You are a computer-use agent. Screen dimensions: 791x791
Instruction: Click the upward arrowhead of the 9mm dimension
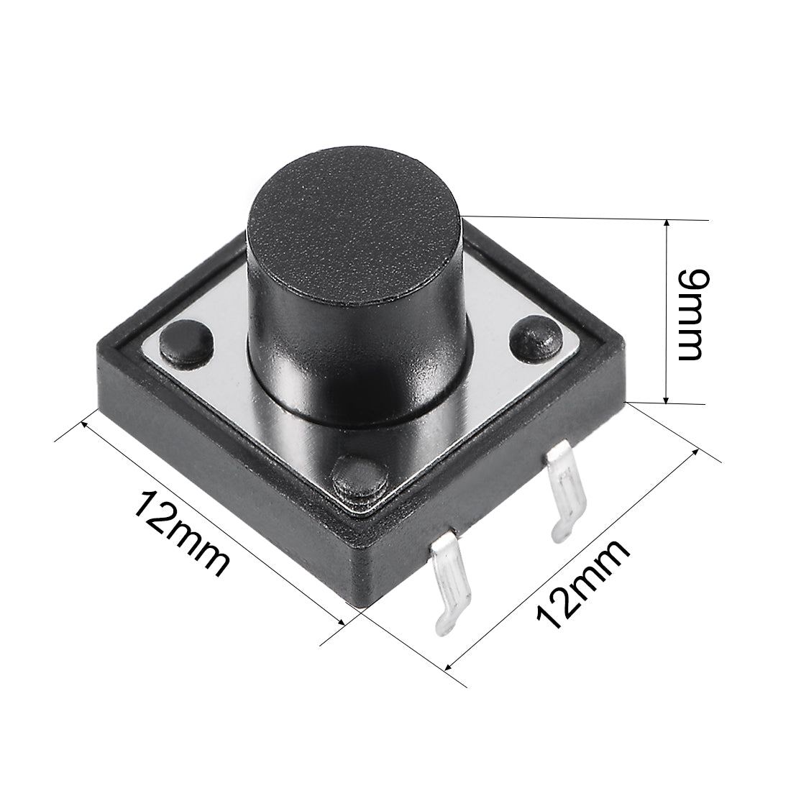(668, 225)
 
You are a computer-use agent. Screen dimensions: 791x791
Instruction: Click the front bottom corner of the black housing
(360, 608)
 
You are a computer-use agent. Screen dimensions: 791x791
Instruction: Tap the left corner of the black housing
(99, 352)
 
